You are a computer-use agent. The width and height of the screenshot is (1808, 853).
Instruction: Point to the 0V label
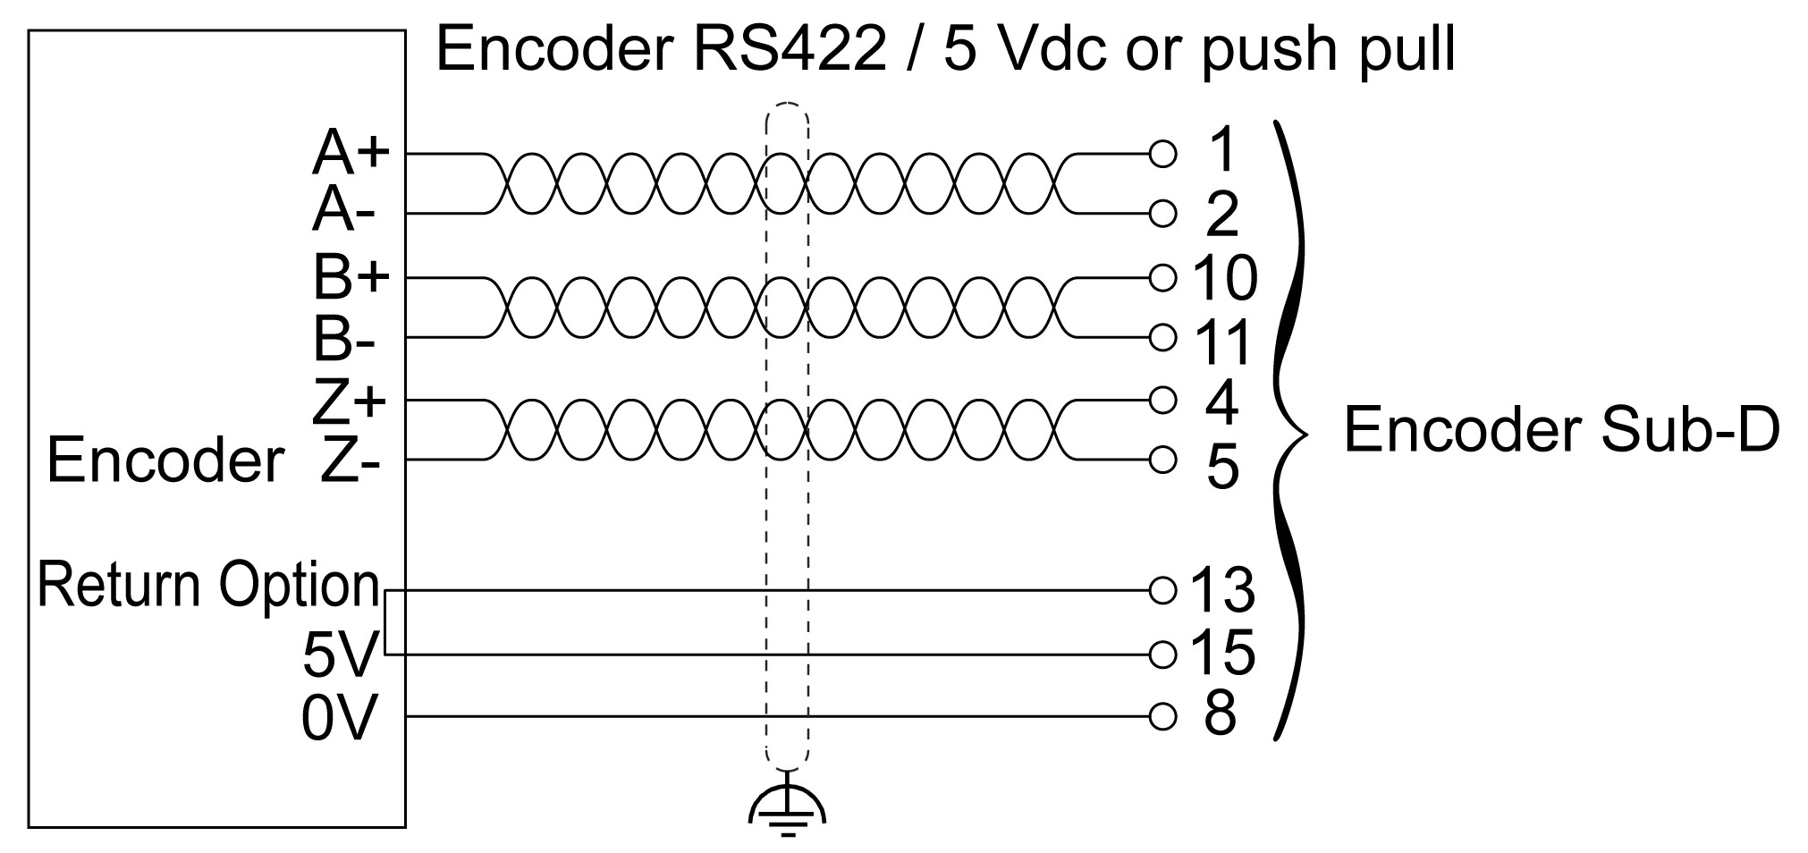pyautogui.click(x=339, y=718)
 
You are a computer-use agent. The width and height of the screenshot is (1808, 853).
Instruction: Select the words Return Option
pyautogui.click(x=208, y=586)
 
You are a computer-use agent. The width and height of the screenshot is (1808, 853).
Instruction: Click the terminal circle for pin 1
pyautogui.click(x=1162, y=155)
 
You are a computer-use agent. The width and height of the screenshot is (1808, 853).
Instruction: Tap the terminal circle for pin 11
pyautogui.click(x=1162, y=338)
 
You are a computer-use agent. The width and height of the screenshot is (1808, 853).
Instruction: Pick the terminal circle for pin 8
pyautogui.click(x=1162, y=716)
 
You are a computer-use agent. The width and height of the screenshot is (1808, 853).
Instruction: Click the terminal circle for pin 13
pyautogui.click(x=1162, y=590)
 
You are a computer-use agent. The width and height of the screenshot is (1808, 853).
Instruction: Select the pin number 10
pyautogui.click(x=1224, y=277)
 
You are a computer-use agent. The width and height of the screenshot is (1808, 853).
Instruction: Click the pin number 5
pyautogui.click(x=1222, y=467)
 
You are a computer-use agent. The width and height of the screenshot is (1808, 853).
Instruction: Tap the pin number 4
pyautogui.click(x=1221, y=402)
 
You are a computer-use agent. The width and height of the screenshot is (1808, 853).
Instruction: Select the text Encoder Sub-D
pyautogui.click(x=1561, y=430)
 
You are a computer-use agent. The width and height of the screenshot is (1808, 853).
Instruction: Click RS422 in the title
pyautogui.click(x=787, y=48)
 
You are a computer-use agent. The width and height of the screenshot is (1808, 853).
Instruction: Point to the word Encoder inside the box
pyautogui.click(x=165, y=460)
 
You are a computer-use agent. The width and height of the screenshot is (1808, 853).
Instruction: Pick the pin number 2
pyautogui.click(x=1222, y=215)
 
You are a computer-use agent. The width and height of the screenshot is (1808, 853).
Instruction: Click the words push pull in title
pyautogui.click(x=1328, y=50)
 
